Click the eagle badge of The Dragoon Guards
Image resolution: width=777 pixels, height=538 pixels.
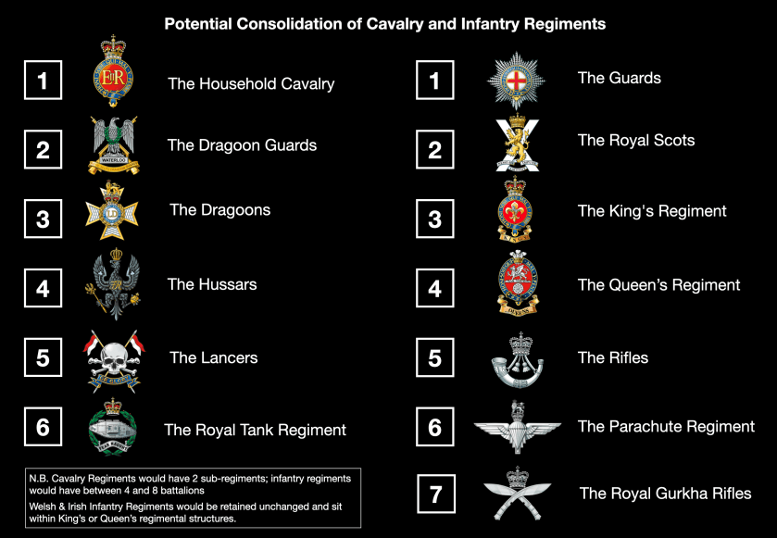click(x=113, y=145)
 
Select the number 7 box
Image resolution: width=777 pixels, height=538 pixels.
click(x=435, y=494)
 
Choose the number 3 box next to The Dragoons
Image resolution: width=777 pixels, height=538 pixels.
click(x=43, y=219)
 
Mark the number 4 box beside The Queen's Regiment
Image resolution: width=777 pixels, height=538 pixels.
click(x=435, y=289)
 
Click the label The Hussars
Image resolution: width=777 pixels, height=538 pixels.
click(x=212, y=284)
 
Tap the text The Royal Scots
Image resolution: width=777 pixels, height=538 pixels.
click(x=636, y=141)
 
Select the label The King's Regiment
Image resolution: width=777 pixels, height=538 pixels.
click(x=652, y=211)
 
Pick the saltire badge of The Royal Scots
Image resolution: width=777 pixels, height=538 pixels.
click(x=518, y=144)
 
